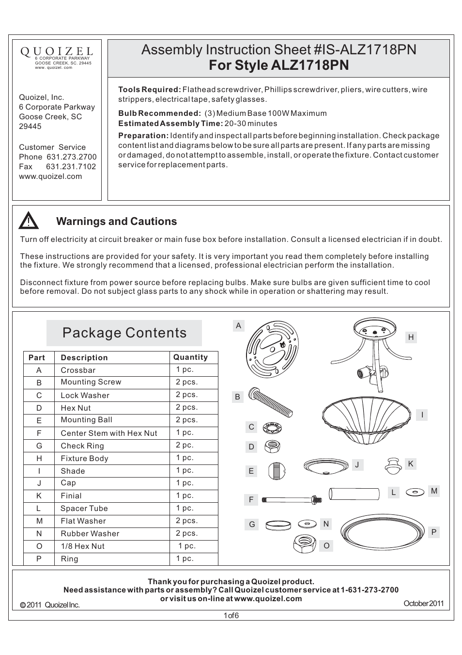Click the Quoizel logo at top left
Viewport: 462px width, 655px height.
point(57,51)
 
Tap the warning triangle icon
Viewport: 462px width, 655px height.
point(29,221)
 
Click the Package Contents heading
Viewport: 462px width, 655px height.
point(124,333)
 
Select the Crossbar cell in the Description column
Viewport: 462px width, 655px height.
point(78,370)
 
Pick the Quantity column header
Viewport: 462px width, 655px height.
point(190,357)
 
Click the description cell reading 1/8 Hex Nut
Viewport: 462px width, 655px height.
point(82,546)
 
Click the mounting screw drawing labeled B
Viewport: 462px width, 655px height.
point(270,401)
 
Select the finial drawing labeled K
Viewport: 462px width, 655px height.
point(393,465)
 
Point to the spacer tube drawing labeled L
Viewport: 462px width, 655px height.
point(354,494)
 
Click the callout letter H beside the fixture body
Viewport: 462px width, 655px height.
point(411,337)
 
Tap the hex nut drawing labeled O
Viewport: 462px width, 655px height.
point(305,544)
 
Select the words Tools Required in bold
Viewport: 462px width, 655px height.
point(149,90)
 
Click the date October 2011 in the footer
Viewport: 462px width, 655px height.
point(423,604)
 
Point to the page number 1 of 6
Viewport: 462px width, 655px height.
point(231,616)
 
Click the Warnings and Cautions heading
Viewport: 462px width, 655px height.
point(116,222)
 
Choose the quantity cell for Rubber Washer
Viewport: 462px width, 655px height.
point(186,533)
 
